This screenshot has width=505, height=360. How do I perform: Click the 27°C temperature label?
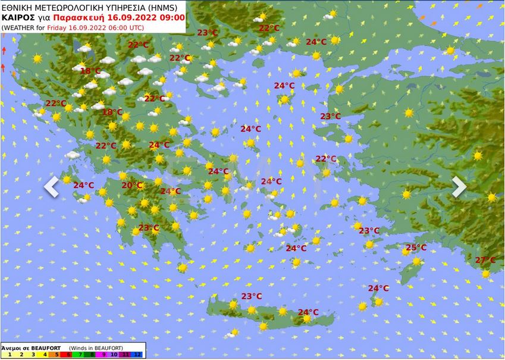click(x=485, y=260)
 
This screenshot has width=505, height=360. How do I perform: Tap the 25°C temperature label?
click(x=416, y=248)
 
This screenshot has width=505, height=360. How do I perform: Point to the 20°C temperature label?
click(x=131, y=185)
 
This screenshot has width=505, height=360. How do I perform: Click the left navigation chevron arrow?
click(x=52, y=187)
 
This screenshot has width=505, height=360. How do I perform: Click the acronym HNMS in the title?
click(x=166, y=7)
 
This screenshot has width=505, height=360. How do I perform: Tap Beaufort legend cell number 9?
click(x=103, y=355)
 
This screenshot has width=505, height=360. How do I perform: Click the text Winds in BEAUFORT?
click(x=95, y=348)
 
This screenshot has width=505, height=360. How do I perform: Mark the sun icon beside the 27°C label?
click(x=486, y=274)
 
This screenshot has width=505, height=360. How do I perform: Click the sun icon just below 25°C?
click(x=416, y=261)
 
